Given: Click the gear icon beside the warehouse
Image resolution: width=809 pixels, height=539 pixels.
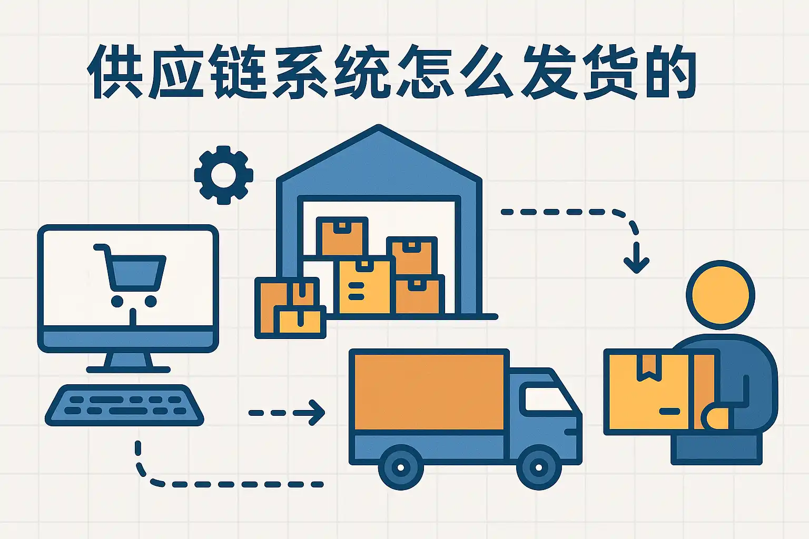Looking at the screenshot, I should (x=223, y=175).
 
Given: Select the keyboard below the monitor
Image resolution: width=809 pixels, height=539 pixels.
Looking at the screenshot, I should (x=124, y=405).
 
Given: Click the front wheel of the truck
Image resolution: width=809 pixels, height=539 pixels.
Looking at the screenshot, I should (x=538, y=466).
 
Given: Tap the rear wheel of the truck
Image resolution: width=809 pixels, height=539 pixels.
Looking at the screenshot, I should (x=400, y=466).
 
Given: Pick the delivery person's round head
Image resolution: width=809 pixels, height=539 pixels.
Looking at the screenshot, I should (x=720, y=295).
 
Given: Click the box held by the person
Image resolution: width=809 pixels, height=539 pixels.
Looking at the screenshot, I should (x=653, y=392).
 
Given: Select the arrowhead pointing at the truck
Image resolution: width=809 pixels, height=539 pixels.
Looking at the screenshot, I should (x=317, y=412).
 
